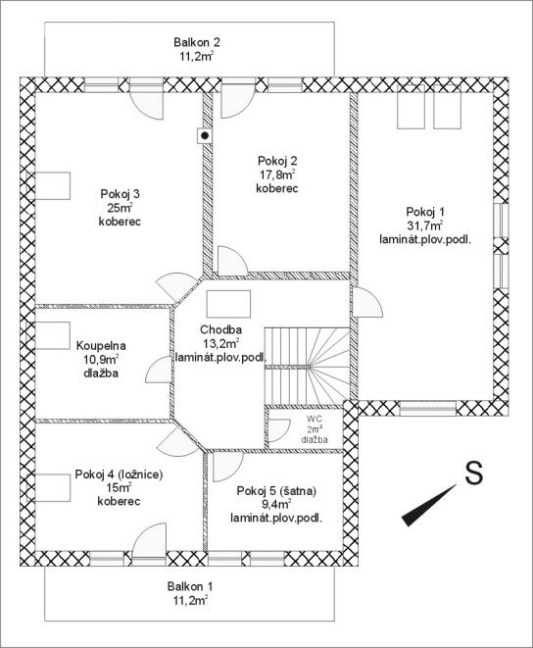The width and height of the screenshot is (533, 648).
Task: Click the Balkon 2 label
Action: click(x=197, y=42)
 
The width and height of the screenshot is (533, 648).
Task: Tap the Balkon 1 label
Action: click(x=190, y=586)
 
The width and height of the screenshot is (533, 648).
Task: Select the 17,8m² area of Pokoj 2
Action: click(x=277, y=174)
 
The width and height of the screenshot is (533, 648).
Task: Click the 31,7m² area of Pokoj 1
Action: click(x=425, y=225)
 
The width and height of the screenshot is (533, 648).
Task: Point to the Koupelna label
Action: click(x=101, y=345)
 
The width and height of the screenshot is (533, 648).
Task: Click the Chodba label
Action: click(x=220, y=329)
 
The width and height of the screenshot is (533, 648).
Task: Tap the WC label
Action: click(x=315, y=420)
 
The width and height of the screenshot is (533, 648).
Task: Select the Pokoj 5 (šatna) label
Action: click(x=276, y=491)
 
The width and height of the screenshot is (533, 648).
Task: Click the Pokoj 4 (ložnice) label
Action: click(x=119, y=474)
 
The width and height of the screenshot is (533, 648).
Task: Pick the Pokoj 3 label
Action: click(x=120, y=193)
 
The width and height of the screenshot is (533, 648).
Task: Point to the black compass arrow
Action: click(x=429, y=506)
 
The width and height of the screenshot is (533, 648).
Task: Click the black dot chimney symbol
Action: click(x=204, y=135)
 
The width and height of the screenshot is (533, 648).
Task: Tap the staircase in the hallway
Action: click(x=307, y=367)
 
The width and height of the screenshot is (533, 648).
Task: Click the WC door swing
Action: click(x=279, y=429)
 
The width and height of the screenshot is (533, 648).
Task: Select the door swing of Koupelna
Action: click(x=158, y=370)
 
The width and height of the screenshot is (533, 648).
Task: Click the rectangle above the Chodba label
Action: click(x=228, y=304)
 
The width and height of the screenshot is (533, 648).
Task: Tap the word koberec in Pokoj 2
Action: click(x=277, y=188)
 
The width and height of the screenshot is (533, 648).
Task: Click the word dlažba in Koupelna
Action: click(x=101, y=373)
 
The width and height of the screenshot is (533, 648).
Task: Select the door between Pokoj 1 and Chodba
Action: click(x=367, y=302)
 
